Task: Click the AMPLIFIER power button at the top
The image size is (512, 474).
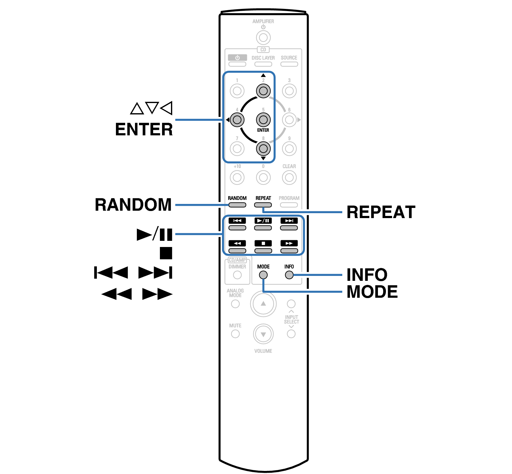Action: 263,38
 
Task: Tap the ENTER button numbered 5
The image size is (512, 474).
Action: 263,120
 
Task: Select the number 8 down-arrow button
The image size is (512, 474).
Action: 263,149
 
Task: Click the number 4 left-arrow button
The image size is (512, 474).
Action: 237,120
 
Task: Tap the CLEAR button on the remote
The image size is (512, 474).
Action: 289,177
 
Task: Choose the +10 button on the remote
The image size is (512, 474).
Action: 237,177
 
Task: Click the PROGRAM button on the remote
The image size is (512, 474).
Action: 289,205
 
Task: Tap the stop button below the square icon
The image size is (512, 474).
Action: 263,251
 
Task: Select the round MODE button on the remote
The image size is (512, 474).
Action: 263,275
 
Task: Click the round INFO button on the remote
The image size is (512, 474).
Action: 289,275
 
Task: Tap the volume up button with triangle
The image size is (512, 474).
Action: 263,304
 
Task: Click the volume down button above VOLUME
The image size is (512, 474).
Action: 263,334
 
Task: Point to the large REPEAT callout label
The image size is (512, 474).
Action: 381,212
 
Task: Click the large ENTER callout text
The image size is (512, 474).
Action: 144,129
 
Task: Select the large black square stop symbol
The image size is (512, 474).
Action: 166,253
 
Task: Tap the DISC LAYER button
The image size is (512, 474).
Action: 263,64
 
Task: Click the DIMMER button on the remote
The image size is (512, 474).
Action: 237,275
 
